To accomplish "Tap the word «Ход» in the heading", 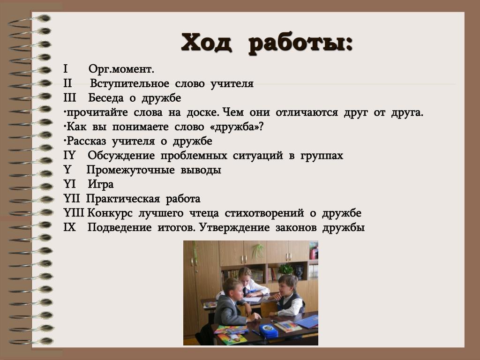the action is pyautogui.click(x=206, y=42).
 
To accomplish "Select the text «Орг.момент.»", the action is pyautogui.click(x=121, y=69).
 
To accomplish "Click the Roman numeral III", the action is pyautogui.click(x=70, y=97).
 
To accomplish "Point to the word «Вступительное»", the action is pyautogui.click(x=129, y=84).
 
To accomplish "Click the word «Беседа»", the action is pyautogui.click(x=106, y=98).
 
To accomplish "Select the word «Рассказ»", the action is pyautogui.click(x=86, y=142).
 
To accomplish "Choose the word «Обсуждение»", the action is pyautogui.click(x=121, y=156).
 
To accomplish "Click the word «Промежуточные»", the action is pyautogui.click(x=131, y=170).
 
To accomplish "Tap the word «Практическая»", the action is pyautogui.click(x=123, y=199).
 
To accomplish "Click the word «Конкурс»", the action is pyautogui.click(x=110, y=213).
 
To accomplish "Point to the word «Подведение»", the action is pyautogui.click(x=120, y=228).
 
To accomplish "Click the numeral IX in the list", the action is pyautogui.click(x=69, y=227).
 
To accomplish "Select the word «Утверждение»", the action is pyautogui.click(x=234, y=228).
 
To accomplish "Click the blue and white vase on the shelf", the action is pyautogui.click(x=299, y=272).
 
